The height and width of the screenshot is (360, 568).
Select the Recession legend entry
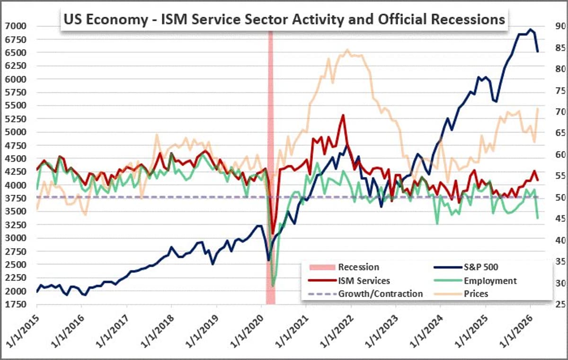[358, 267]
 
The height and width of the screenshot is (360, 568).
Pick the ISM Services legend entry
[364, 281]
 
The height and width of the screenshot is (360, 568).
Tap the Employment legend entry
[490, 281]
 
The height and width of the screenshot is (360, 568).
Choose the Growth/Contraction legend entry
[380, 294]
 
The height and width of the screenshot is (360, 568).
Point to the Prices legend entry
[476, 294]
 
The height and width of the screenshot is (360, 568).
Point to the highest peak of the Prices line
[347, 50]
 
